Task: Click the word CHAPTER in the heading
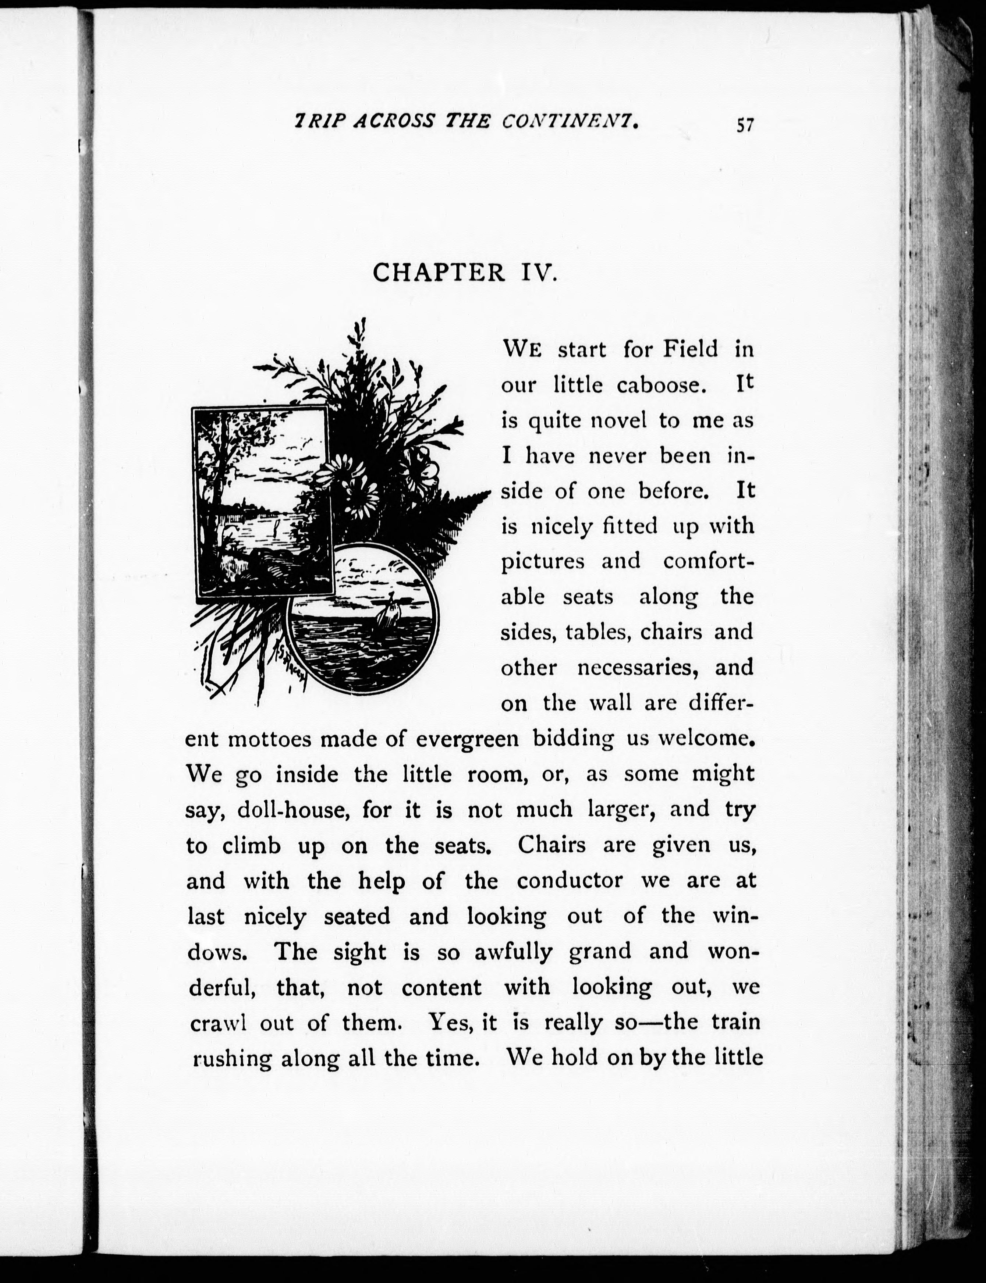point(439,273)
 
